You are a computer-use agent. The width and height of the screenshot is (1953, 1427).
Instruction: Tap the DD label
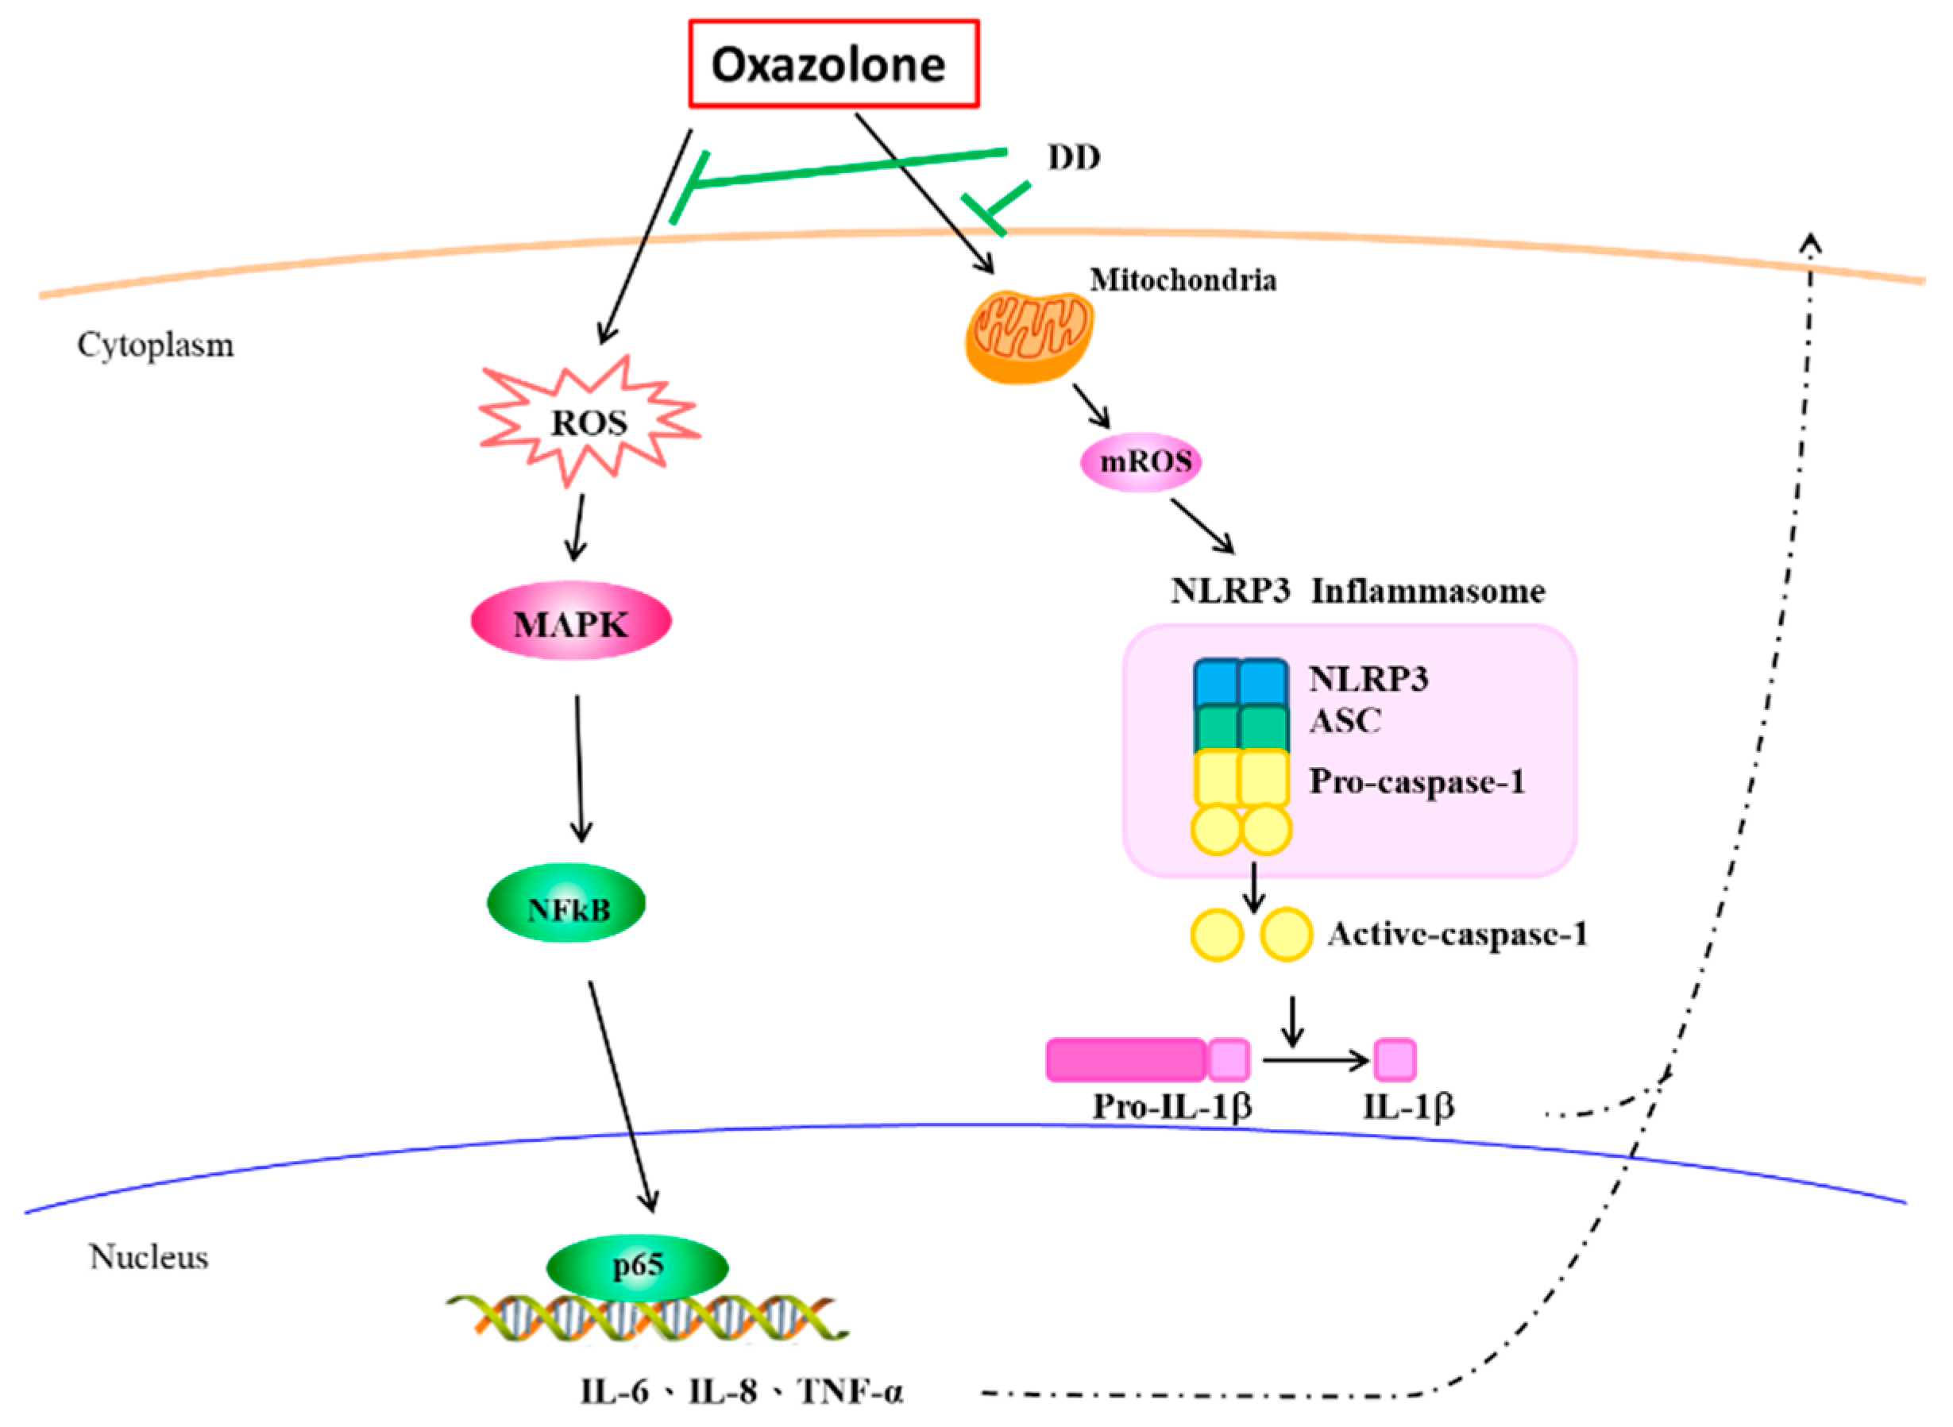click(1074, 158)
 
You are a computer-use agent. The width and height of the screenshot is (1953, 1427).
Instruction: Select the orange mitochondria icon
click(1028, 335)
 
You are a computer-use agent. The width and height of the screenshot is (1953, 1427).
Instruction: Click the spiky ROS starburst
click(589, 422)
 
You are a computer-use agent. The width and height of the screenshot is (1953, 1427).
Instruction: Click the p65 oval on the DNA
click(638, 1266)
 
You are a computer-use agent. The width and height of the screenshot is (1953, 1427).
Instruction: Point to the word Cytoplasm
click(156, 345)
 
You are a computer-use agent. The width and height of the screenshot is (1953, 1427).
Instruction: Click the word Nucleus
click(149, 1258)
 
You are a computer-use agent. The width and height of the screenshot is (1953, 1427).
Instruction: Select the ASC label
click(1345, 721)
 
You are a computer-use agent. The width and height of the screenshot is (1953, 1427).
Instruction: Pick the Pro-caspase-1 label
click(1417, 781)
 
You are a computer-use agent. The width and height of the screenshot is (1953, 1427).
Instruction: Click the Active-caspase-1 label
click(1458, 935)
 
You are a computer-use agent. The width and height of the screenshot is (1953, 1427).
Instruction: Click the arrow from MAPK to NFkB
click(580, 769)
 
